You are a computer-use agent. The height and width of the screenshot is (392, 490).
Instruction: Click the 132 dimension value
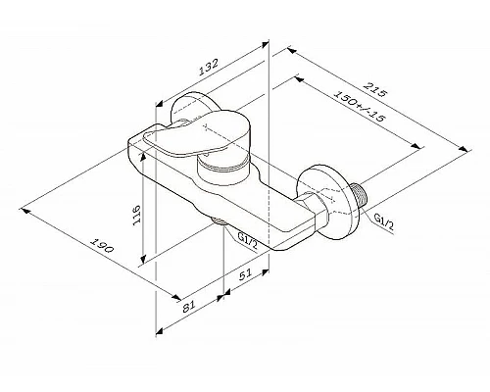coord(209,67)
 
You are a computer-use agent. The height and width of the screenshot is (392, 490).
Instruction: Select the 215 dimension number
coord(375,90)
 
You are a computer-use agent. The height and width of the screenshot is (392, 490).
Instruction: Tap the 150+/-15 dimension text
coord(359,106)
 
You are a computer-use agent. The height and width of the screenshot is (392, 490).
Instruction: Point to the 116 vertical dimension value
coord(136,215)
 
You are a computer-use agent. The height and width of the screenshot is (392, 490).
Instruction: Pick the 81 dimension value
coord(188,306)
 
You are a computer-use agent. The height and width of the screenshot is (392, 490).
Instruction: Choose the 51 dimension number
coord(246,273)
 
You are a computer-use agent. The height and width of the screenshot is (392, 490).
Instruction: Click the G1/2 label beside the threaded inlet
coord(384,222)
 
